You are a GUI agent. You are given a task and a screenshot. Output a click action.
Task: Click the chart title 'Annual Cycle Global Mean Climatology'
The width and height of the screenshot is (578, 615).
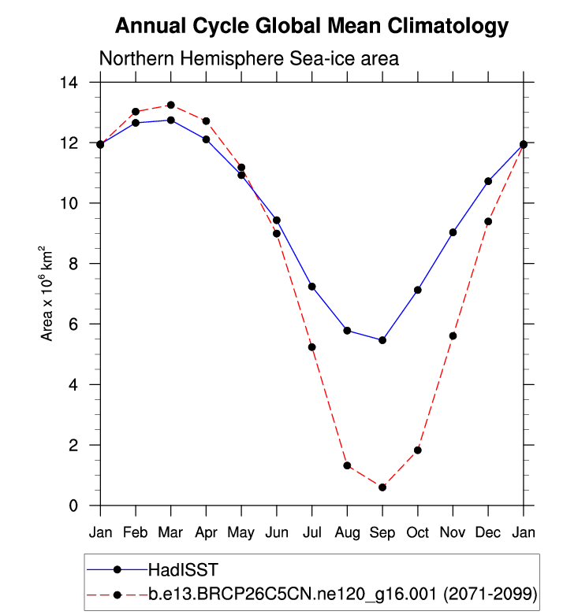(311, 26)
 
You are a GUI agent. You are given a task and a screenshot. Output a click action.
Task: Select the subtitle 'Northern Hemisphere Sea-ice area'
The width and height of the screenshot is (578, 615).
(249, 59)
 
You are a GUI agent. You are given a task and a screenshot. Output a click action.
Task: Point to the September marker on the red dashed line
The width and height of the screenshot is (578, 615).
(382, 487)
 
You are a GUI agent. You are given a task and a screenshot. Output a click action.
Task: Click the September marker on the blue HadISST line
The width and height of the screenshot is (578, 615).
(382, 340)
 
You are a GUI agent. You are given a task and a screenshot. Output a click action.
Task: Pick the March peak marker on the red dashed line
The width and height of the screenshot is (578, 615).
(170, 105)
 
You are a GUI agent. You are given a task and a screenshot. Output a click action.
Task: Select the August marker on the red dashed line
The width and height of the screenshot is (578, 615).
(347, 465)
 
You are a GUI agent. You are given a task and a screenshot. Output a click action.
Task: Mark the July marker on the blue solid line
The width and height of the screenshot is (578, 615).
(311, 286)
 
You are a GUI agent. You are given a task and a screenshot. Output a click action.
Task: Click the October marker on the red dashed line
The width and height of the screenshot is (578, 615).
(418, 450)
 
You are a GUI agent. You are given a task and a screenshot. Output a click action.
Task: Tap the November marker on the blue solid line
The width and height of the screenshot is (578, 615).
(453, 232)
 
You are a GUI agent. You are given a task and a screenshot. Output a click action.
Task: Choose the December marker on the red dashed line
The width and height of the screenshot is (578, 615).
(488, 221)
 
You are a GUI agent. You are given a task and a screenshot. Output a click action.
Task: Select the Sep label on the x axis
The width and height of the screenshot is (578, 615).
(382, 533)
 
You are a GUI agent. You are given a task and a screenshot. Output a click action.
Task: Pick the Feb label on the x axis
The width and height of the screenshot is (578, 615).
(136, 533)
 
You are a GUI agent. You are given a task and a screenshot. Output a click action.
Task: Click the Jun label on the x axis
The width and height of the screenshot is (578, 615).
(277, 533)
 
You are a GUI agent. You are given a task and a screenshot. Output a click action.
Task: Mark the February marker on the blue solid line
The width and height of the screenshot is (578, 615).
(136, 123)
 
